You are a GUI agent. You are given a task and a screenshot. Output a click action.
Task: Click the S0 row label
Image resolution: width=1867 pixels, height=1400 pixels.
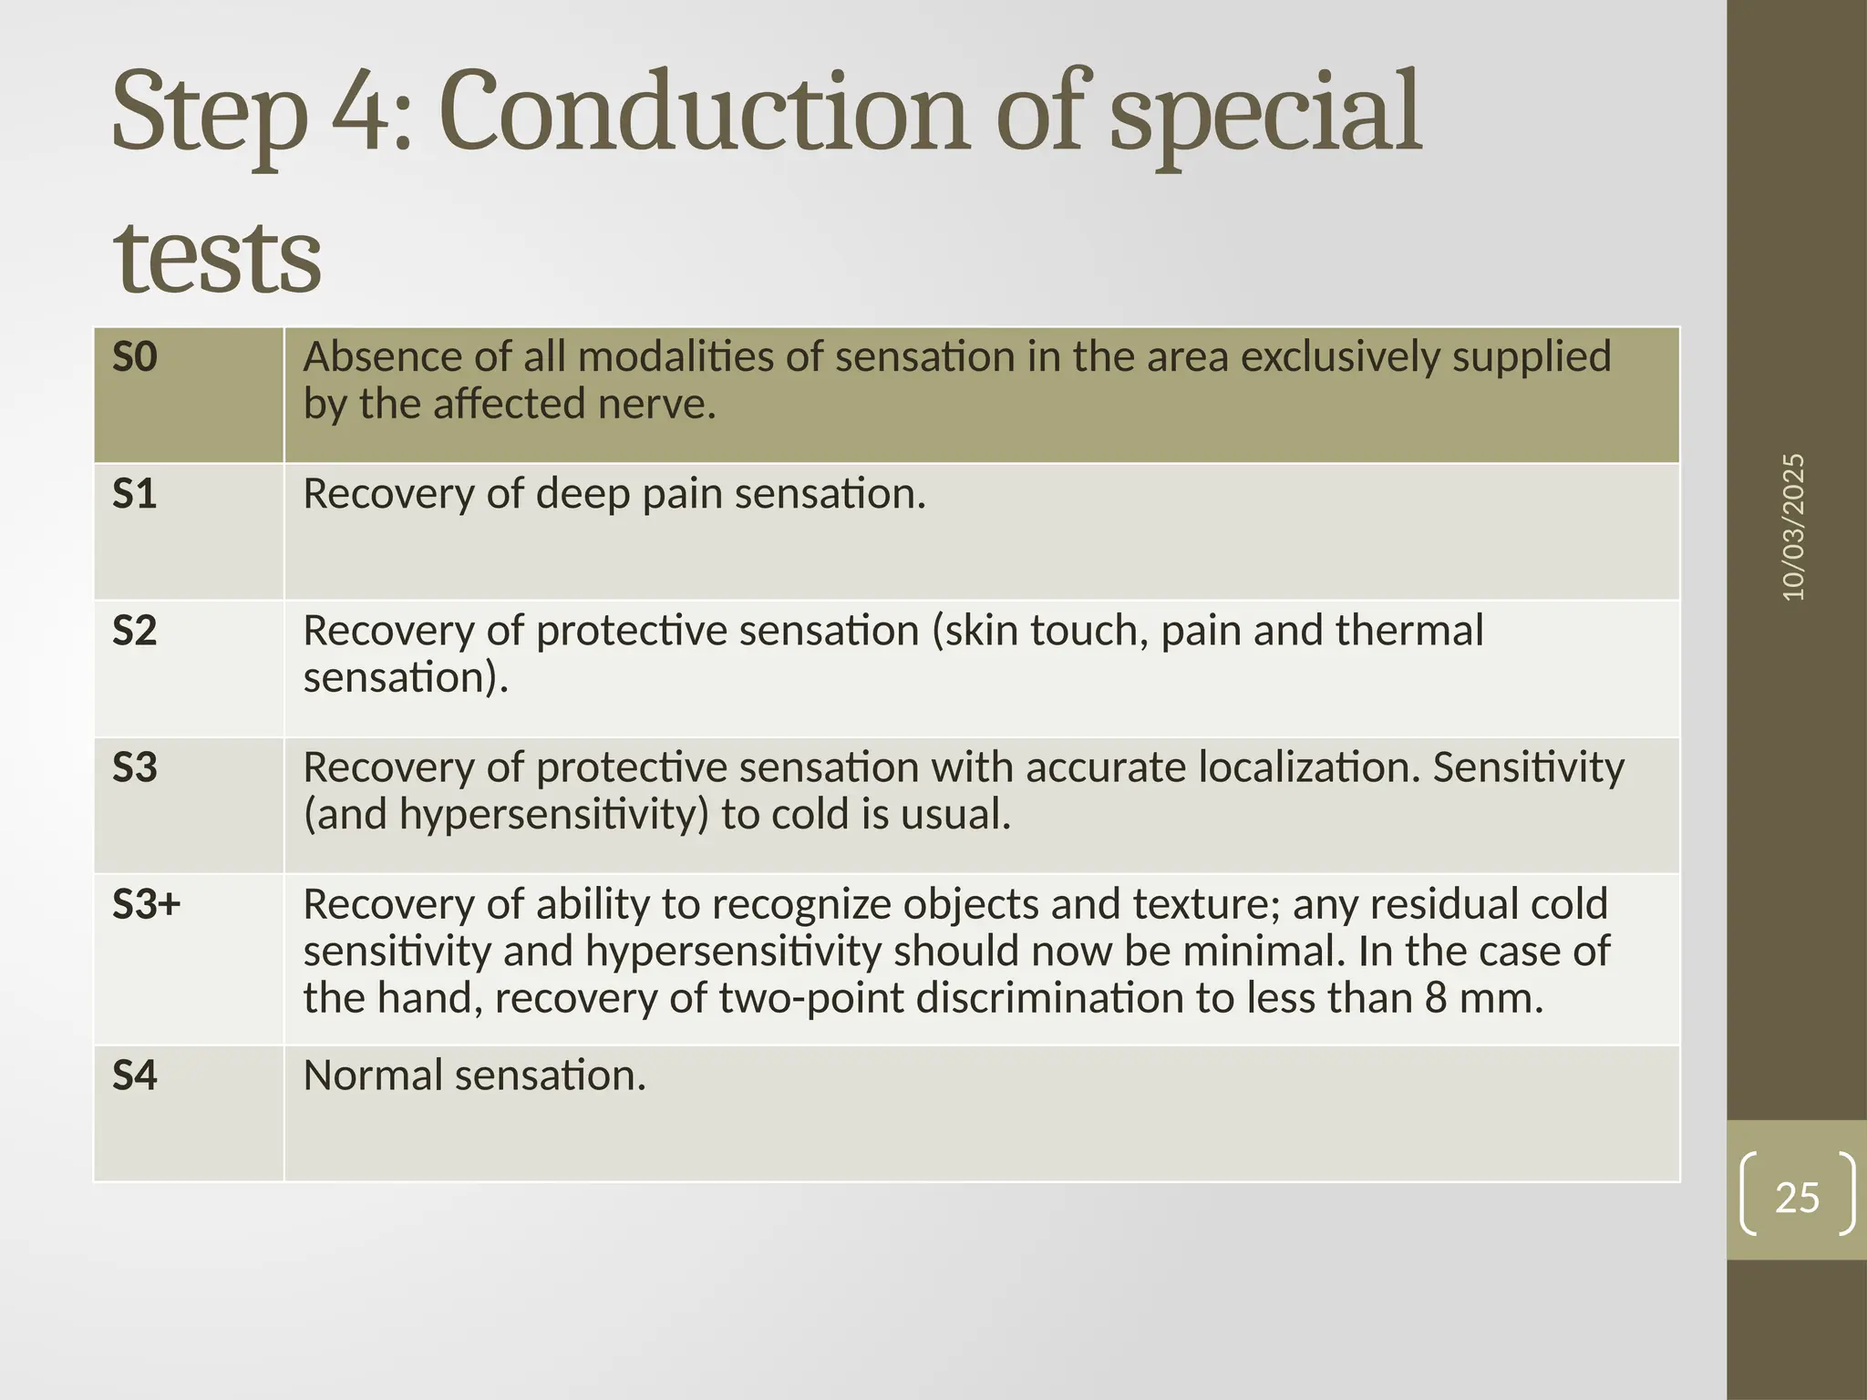coord(134,356)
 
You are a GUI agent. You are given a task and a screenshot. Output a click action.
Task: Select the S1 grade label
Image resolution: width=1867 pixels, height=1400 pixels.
coord(134,494)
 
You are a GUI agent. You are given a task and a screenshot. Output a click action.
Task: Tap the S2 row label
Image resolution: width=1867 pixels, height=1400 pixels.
coord(134,631)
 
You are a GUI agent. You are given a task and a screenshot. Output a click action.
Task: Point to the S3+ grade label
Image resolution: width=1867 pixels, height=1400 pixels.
coord(146,904)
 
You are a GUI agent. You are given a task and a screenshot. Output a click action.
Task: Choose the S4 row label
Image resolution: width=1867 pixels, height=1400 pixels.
coord(134,1076)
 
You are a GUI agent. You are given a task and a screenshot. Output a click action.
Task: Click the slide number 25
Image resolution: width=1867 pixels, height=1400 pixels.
coord(1797,1197)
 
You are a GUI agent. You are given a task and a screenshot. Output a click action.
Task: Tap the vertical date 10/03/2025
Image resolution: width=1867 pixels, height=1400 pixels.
coord(1793,527)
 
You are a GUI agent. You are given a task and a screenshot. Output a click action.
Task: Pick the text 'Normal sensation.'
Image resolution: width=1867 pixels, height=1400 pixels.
coord(474,1076)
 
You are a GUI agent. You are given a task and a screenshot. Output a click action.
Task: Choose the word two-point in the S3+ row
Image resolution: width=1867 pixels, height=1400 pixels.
coord(811,998)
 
